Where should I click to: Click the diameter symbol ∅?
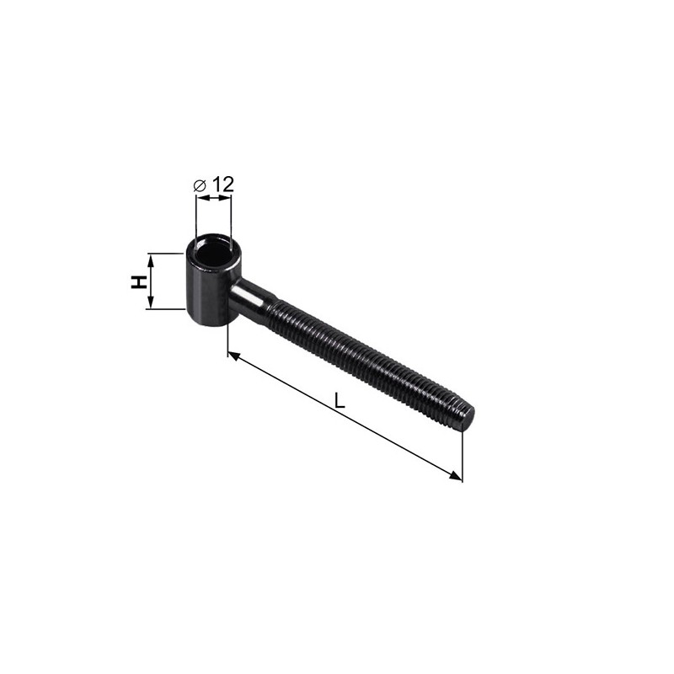200,185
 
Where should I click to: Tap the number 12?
222,185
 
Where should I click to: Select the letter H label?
138,282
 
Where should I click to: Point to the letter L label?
340,401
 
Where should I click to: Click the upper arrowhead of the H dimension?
150,259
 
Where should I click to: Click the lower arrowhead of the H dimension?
150,302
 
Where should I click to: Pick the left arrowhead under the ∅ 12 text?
202,198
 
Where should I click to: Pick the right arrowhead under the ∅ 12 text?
225,198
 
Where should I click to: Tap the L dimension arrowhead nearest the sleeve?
233,356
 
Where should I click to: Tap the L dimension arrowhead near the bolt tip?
456,475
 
